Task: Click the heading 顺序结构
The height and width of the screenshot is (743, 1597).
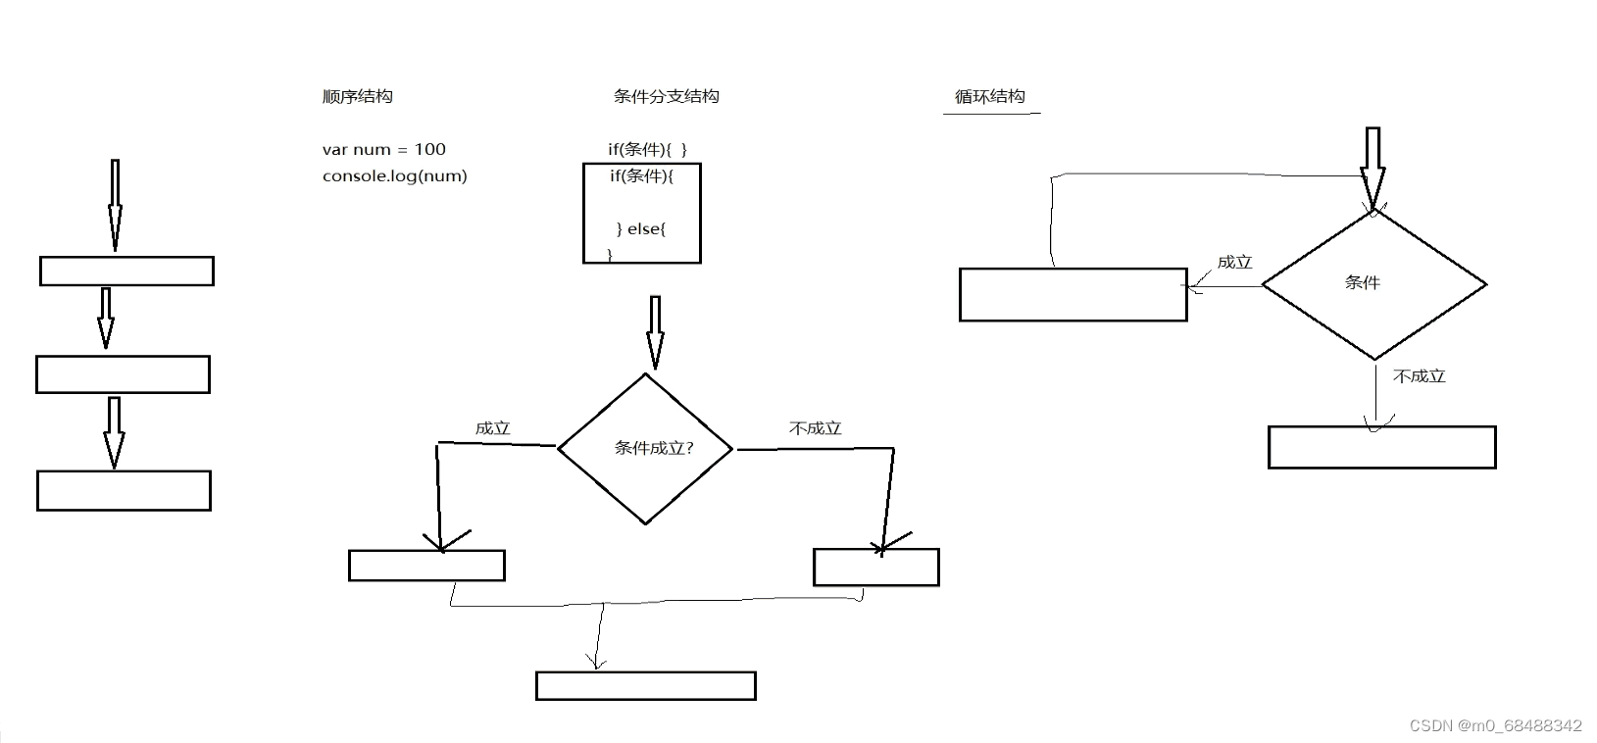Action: point(357,96)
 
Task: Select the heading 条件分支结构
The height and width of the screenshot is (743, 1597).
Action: point(666,96)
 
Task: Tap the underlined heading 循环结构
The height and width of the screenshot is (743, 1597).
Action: point(989,96)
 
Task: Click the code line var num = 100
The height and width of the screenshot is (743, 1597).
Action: point(383,149)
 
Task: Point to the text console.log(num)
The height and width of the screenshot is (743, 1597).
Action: point(394,175)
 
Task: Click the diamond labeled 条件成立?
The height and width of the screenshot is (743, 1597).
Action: point(645,449)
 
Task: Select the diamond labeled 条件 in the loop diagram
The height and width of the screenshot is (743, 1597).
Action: point(1373,284)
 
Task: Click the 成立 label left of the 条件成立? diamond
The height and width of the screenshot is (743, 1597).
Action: point(493,427)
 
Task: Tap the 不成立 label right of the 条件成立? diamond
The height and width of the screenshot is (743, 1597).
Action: point(815,427)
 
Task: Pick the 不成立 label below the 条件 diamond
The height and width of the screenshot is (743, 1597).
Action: point(1419,375)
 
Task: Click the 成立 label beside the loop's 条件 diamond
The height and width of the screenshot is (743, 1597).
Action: point(1235,262)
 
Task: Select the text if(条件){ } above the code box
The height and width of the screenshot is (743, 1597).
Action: point(647,149)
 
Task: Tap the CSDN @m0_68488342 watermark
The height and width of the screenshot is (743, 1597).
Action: point(1496,725)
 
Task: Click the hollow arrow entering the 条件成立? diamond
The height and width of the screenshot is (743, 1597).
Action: point(655,333)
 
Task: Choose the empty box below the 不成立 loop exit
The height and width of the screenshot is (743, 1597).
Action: point(1381,447)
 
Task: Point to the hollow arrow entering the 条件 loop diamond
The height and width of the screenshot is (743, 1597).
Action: point(1372,169)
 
